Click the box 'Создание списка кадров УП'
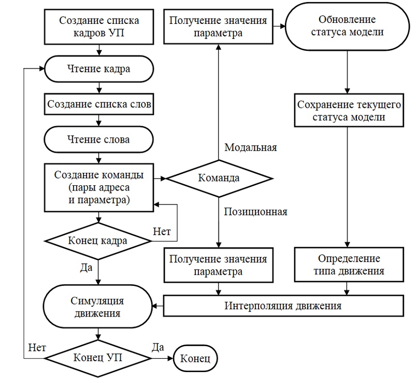99,26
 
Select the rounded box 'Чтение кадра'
99,69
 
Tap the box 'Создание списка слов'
99,104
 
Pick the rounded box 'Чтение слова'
98,140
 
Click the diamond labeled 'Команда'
219,179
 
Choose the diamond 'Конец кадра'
98,241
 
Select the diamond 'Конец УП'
98,358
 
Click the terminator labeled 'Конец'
195,358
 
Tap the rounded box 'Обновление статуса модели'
347,26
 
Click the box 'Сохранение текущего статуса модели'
349,110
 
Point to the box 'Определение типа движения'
349,265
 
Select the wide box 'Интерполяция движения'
283,306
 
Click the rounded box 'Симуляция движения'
98,306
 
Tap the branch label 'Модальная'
251,147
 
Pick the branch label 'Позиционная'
256,212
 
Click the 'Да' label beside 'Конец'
158,347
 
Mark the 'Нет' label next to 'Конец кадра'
162,231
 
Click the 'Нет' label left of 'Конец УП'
37,348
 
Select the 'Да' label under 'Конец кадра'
87,267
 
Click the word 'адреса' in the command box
115,187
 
